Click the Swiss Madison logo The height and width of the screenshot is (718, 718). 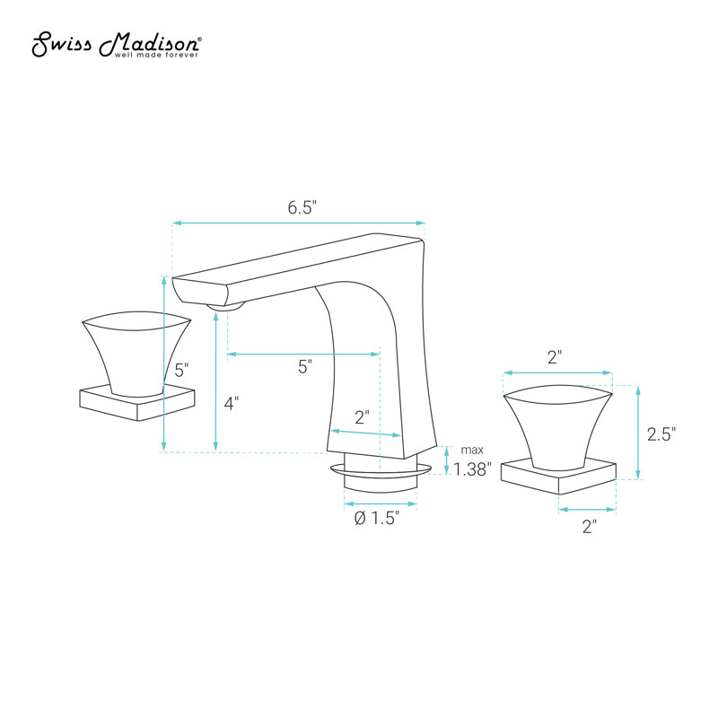[x=116, y=44]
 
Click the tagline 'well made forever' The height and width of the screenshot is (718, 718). [x=156, y=55]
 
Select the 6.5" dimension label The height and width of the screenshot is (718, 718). [x=302, y=207]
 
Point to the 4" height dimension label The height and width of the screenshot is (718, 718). [x=232, y=403]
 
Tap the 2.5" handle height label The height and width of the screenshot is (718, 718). [x=661, y=434]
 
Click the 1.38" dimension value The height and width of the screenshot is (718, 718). [x=472, y=468]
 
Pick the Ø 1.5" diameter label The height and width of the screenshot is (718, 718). [x=377, y=519]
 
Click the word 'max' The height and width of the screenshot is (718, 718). [x=472, y=451]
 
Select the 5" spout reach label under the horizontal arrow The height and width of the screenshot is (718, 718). [x=305, y=366]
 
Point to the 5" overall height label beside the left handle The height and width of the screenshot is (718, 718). [x=181, y=370]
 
